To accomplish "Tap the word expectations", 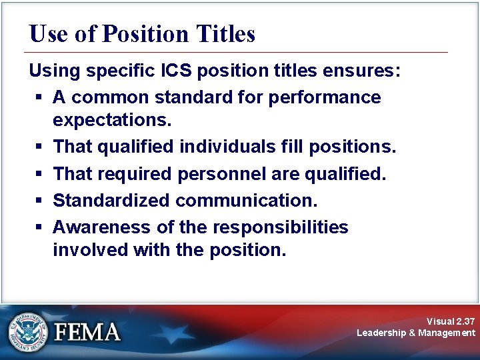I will click(112, 121).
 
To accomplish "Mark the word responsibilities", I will click(280, 227).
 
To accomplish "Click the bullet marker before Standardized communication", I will click(39, 201).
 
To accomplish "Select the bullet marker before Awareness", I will click(39, 228).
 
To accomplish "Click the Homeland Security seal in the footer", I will click(28, 331).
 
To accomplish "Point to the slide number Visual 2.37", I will click(451, 321).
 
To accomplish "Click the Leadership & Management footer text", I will click(416, 333).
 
